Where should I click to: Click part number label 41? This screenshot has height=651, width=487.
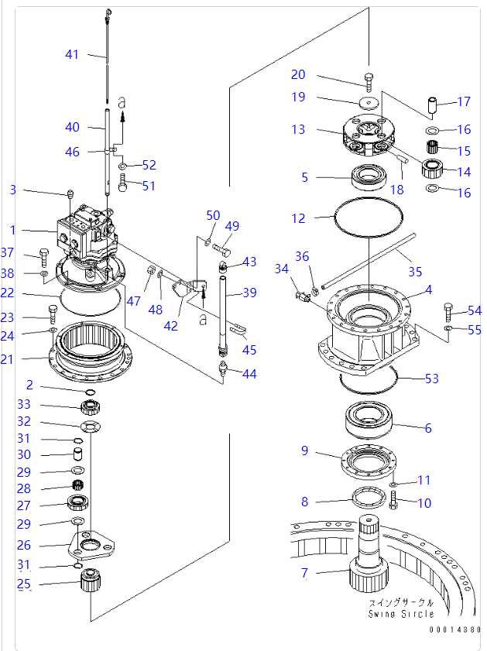[x=72, y=54]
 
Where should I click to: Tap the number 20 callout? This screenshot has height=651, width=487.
[x=298, y=75]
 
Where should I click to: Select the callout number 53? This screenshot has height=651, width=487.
[x=432, y=378]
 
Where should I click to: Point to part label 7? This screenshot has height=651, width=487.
[x=304, y=574]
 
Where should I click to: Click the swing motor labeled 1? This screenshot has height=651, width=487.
[x=87, y=232]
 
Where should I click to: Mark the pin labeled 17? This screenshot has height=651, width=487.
[x=433, y=103]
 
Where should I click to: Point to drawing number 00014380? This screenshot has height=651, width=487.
[x=455, y=629]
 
